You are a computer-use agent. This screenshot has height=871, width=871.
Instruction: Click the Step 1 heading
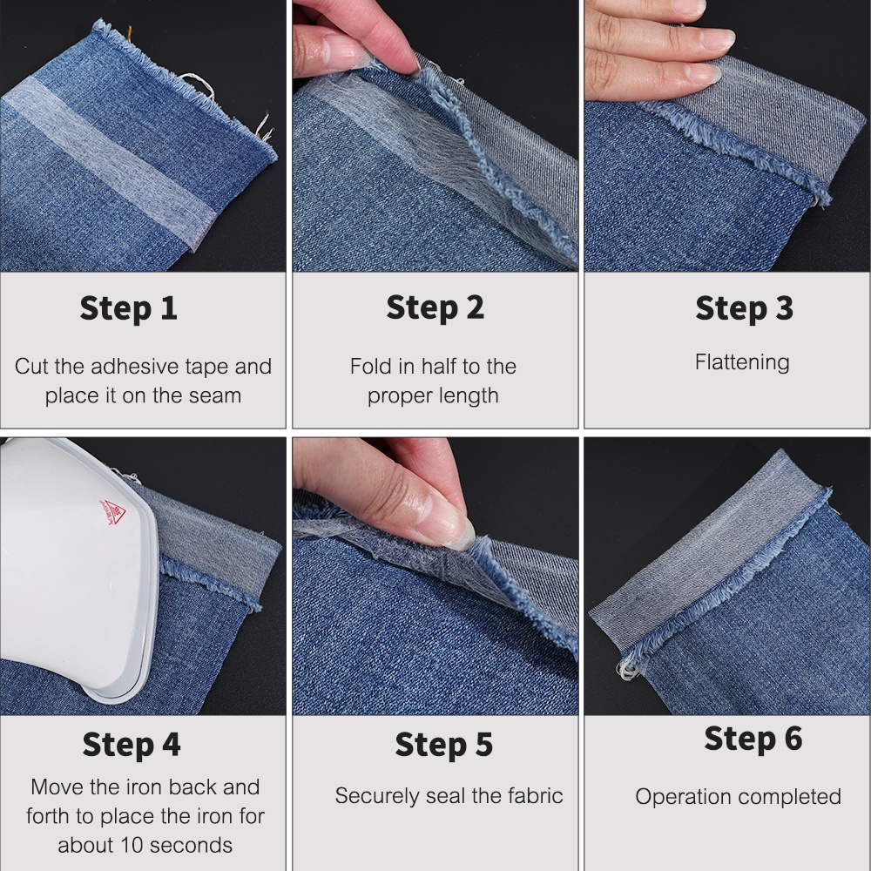128,308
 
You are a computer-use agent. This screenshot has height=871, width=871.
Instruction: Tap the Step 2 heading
435,308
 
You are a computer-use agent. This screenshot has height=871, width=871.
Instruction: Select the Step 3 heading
744,308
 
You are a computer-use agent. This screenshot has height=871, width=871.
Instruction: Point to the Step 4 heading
132,745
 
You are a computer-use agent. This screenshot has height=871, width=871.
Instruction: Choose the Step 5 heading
443,745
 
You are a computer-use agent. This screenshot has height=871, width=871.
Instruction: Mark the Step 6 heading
753,739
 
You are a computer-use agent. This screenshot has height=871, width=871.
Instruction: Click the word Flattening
742,362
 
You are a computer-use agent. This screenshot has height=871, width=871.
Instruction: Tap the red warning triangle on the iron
112,512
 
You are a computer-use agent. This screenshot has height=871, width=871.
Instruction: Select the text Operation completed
738,796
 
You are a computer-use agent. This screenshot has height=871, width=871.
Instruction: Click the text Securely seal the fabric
449,795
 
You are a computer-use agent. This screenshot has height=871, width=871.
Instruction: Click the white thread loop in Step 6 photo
625,669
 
